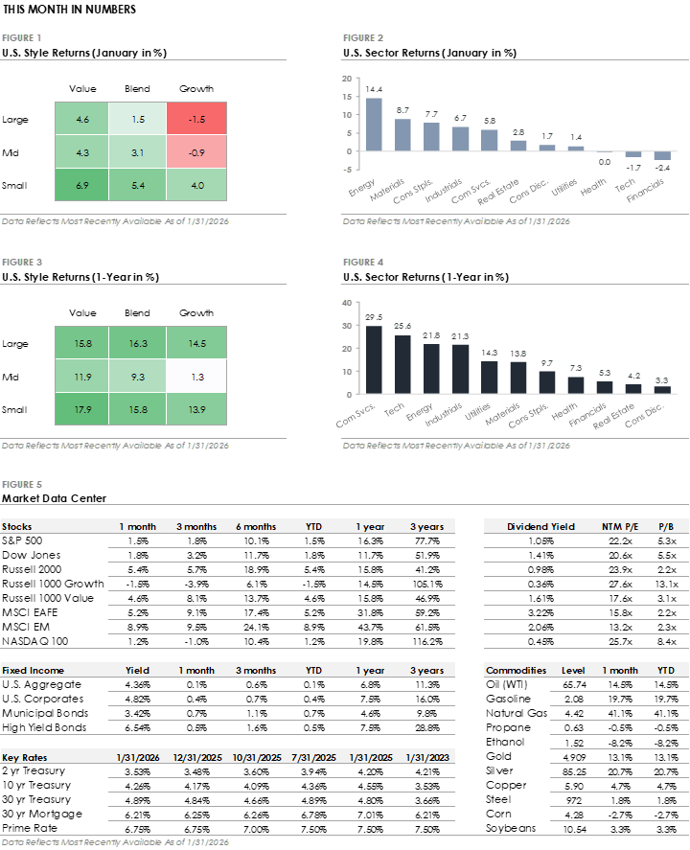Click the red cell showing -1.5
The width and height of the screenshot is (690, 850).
coord(195,120)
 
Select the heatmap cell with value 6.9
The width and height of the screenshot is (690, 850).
coord(82,183)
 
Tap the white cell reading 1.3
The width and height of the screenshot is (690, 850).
coord(195,377)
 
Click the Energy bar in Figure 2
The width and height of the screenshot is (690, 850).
coord(374,125)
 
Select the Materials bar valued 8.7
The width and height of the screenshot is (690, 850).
coord(403,135)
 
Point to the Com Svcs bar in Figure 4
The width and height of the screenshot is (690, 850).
coord(374,359)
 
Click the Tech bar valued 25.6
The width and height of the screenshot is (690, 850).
coord(403,364)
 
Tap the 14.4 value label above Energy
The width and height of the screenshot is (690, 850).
coord(374,89)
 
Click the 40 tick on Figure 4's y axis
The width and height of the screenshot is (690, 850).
coord(347,302)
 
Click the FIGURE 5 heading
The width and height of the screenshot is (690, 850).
coord(22,485)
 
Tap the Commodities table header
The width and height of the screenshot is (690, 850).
coord(516,671)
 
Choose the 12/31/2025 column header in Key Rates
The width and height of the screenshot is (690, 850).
coord(196,757)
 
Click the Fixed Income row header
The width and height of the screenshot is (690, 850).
coord(33,671)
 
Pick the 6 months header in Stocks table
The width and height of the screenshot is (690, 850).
coord(256,526)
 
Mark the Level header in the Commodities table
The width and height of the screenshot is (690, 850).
coord(573,671)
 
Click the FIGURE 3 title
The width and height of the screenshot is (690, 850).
coord(22,262)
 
